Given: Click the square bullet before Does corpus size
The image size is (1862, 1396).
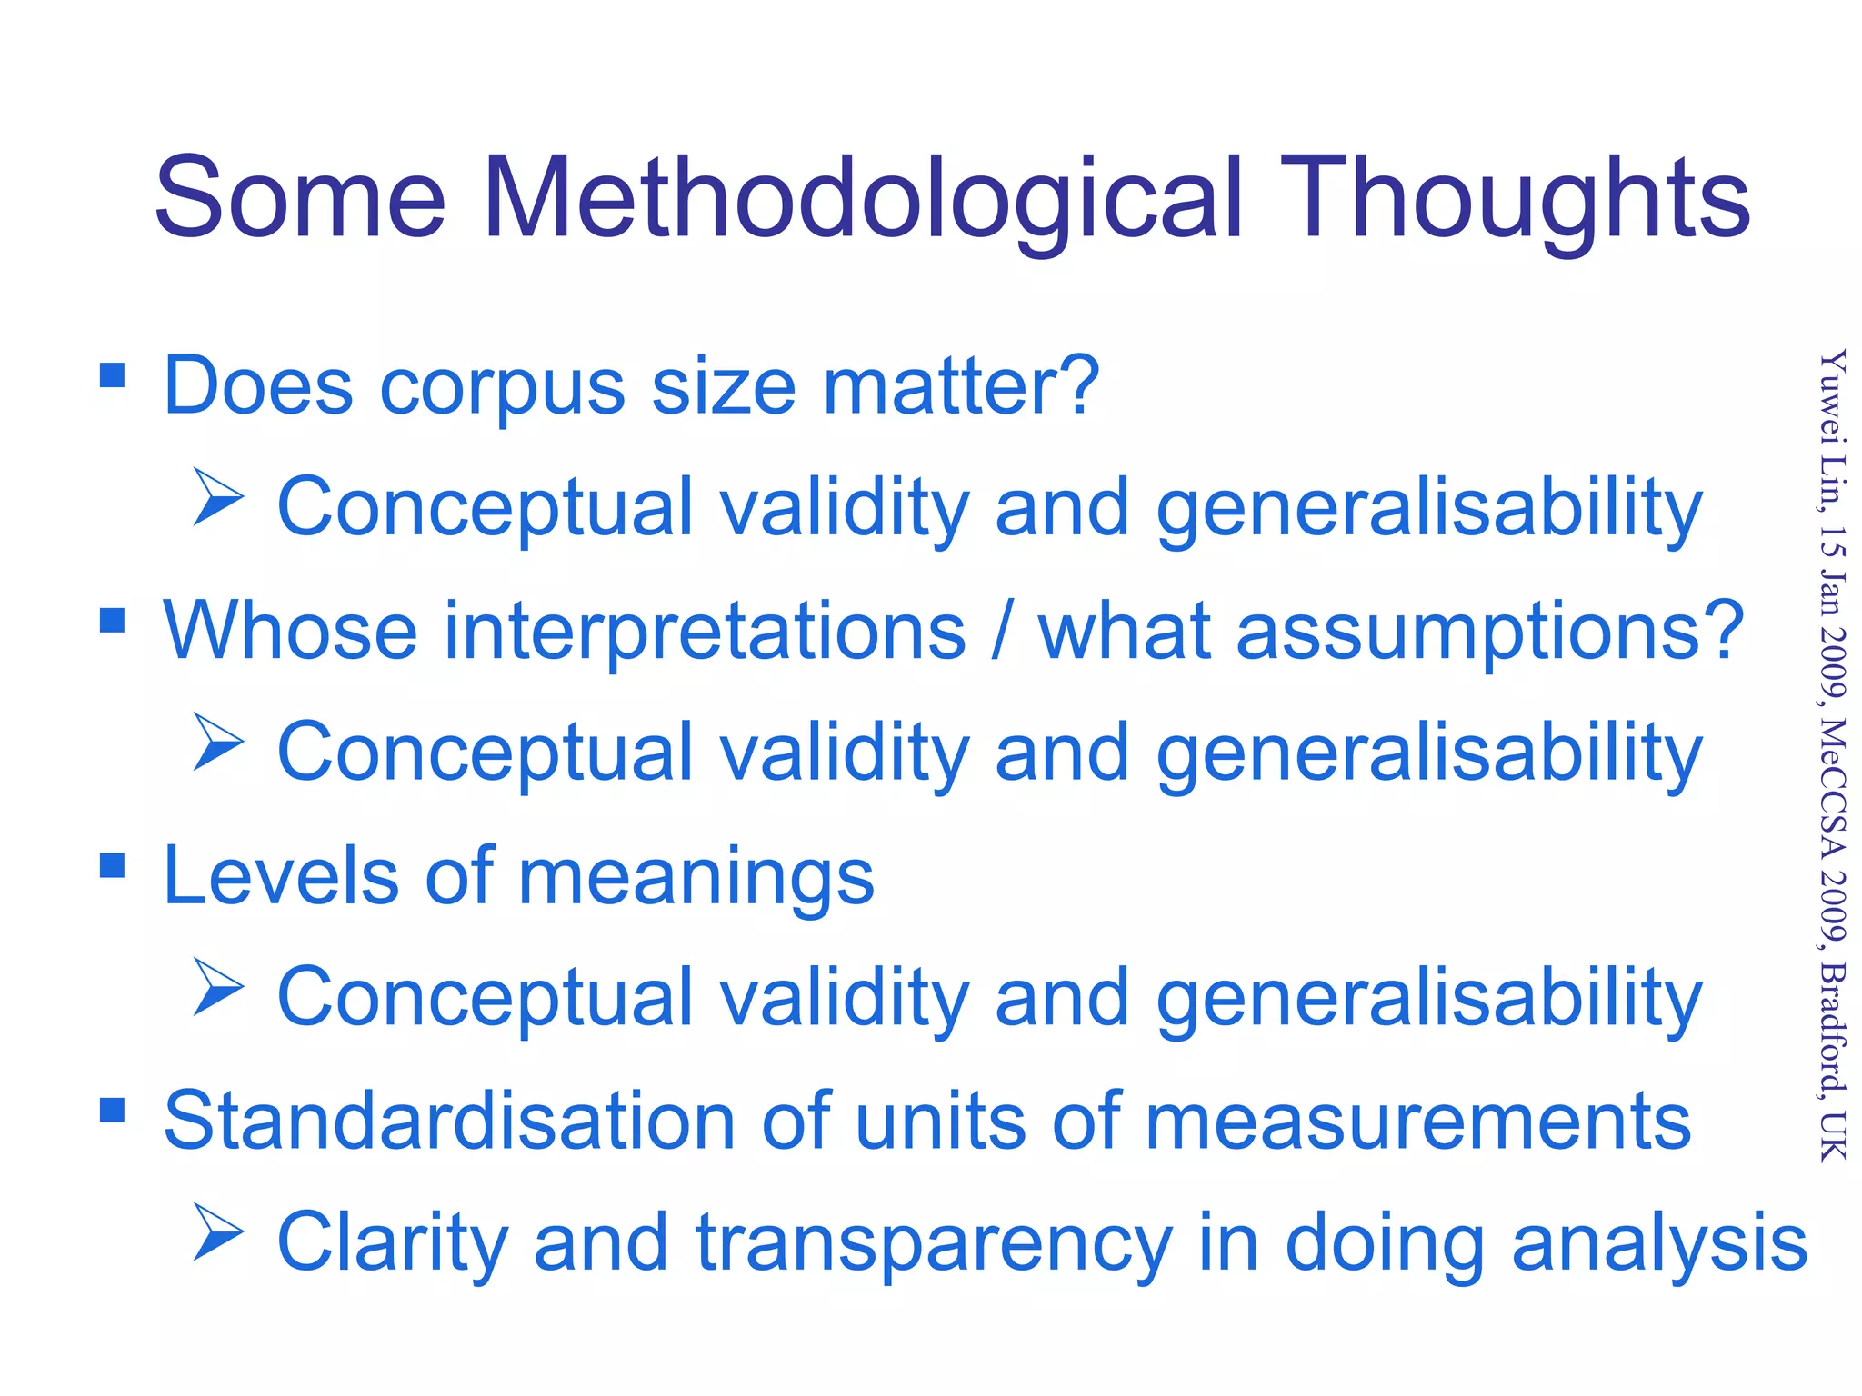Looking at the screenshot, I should pyautogui.click(x=112, y=374).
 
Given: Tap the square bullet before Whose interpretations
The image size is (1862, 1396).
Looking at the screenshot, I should pyautogui.click(x=112, y=620).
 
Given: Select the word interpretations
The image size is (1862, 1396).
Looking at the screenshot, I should pyautogui.click(x=705, y=633).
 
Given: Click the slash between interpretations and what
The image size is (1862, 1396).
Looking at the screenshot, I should pyautogui.click(x=1001, y=633).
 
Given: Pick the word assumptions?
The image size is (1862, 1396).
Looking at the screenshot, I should pyautogui.click(x=1489, y=633).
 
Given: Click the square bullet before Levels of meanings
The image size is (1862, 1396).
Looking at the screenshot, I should pyautogui.click(x=112, y=865).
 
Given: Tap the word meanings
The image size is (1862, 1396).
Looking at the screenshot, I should pyautogui.click(x=696, y=878).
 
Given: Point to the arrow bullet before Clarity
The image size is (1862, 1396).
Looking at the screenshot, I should pyautogui.click(x=218, y=1232).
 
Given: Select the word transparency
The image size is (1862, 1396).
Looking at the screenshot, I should pyautogui.click(x=934, y=1243).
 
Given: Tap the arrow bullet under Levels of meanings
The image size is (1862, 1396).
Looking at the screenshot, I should pyautogui.click(x=218, y=987).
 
